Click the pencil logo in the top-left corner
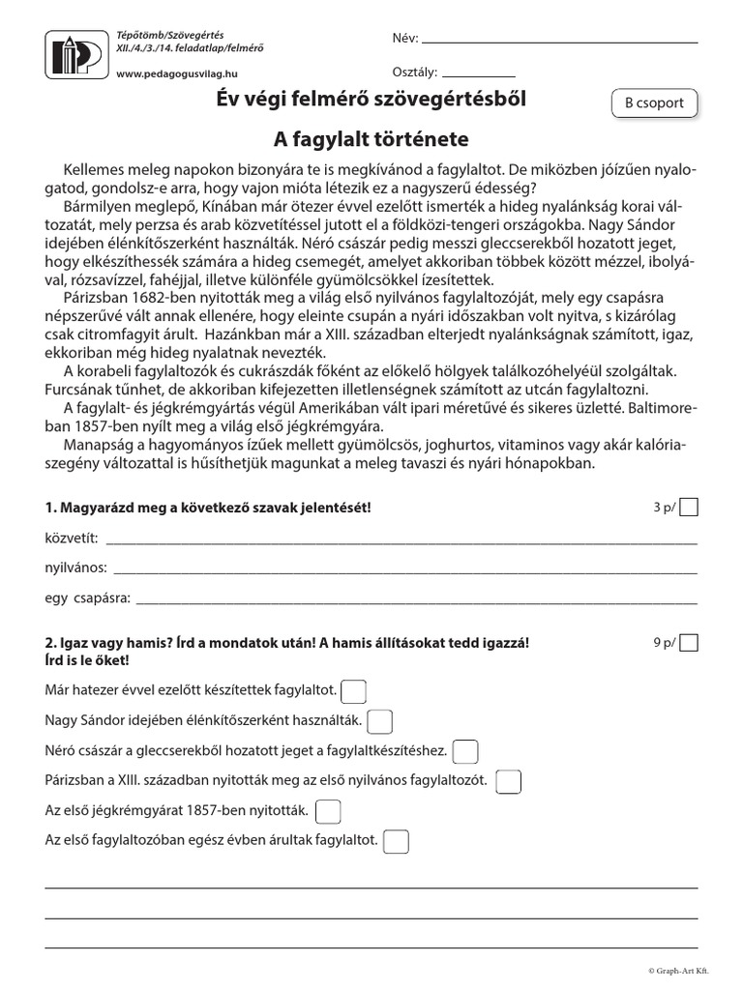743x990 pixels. [75, 52]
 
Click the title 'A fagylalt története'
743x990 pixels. [371, 138]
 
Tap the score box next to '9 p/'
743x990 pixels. [688, 643]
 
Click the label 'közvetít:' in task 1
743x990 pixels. [72, 538]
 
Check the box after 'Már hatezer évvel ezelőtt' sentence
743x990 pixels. [355, 691]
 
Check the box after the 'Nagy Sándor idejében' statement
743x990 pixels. [380, 721]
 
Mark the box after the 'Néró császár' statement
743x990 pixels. [465, 751]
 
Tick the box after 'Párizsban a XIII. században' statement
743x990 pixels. [509, 781]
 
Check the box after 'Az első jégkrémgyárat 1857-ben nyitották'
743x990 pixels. [329, 811]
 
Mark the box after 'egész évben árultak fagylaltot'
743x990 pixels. [396, 842]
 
